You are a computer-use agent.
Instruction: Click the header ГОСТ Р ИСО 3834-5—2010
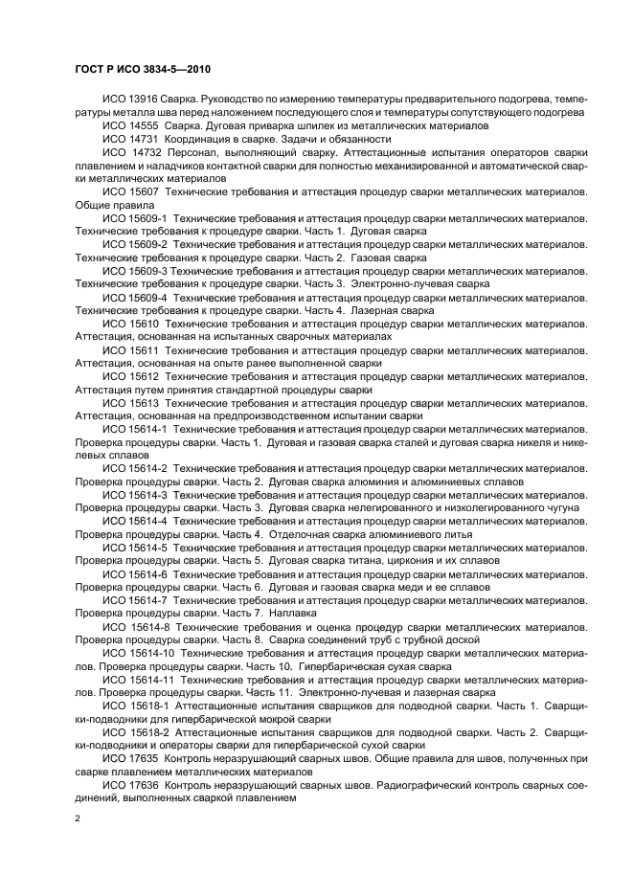(143, 70)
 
